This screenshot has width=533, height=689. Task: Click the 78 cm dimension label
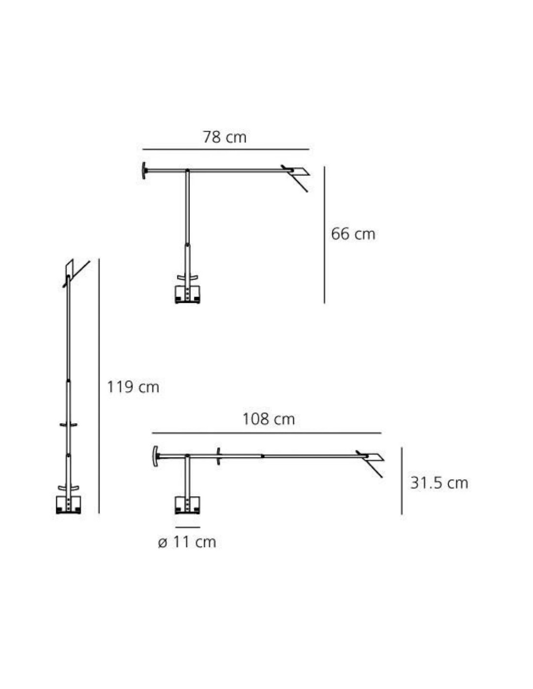pyautogui.click(x=224, y=137)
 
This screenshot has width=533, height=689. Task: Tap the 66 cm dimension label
pyautogui.click(x=353, y=234)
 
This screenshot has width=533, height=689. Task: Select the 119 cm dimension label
pyautogui.click(x=133, y=387)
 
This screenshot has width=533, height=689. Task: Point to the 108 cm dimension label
pyautogui.click(x=268, y=419)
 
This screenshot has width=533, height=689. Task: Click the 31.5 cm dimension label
pyautogui.click(x=439, y=483)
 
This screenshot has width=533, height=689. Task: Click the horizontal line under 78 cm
pyautogui.click(x=226, y=149)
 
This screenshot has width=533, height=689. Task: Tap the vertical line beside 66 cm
pyautogui.click(x=324, y=235)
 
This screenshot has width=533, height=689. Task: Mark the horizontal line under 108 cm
pyautogui.click(x=266, y=433)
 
